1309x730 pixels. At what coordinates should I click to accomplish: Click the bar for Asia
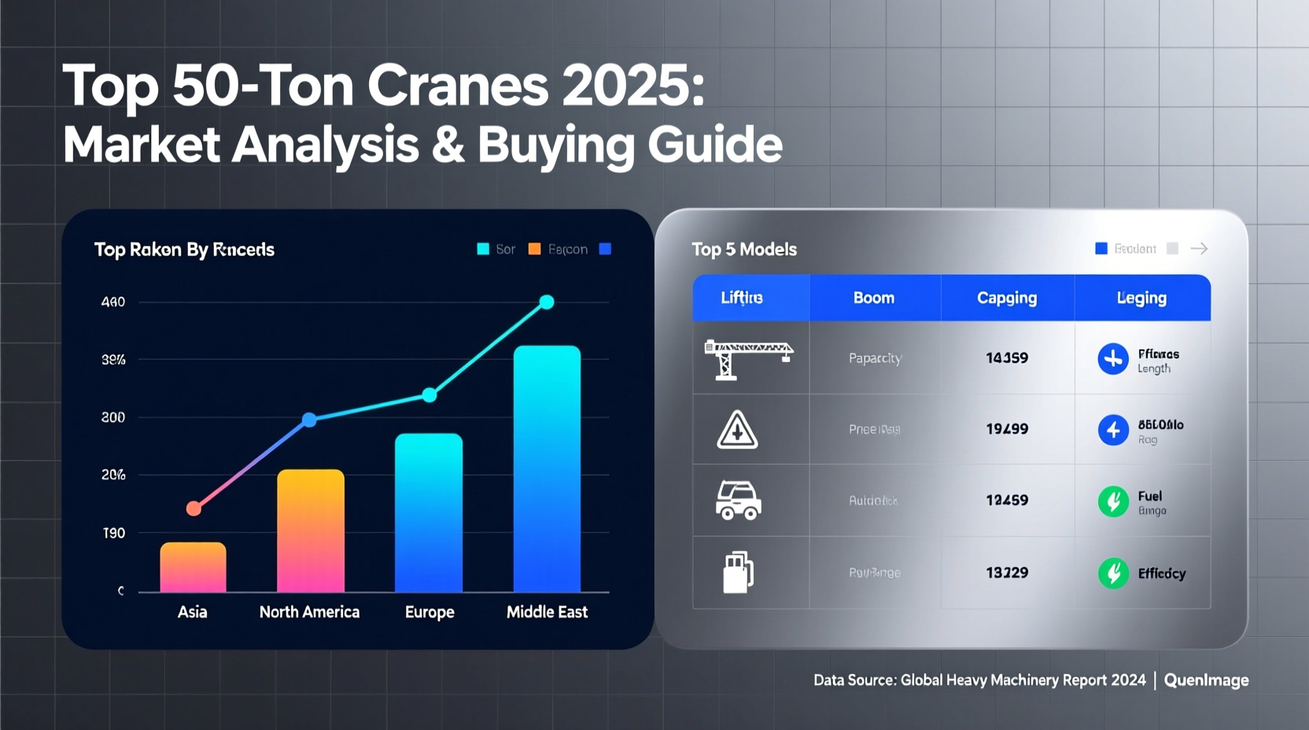click(193, 567)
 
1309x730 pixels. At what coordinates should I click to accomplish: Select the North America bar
click(311, 531)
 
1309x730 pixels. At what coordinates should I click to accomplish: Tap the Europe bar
click(429, 513)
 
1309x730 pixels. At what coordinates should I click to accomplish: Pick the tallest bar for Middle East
click(547, 469)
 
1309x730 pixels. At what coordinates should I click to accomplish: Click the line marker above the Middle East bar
click(547, 302)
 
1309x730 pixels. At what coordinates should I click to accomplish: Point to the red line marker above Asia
click(194, 509)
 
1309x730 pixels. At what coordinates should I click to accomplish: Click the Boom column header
click(874, 298)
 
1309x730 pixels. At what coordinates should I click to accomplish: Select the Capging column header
click(1007, 298)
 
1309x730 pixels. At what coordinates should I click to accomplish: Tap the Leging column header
click(1141, 298)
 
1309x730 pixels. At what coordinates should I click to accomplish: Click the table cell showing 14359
click(1007, 358)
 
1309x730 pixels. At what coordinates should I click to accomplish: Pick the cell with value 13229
click(1007, 573)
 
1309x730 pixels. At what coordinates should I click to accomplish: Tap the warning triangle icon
click(737, 430)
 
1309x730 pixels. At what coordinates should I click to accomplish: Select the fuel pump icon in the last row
click(738, 572)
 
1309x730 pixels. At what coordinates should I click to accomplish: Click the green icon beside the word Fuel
click(1113, 501)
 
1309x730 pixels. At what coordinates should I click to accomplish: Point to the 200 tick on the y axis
click(113, 418)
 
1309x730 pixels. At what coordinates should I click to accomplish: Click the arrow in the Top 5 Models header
click(1199, 249)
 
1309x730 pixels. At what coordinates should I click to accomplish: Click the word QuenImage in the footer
click(1206, 680)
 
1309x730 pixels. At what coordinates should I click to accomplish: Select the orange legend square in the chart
click(535, 249)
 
